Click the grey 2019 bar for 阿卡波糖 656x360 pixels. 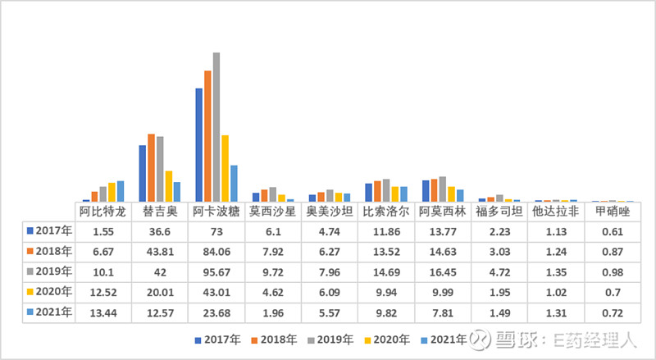[216, 127]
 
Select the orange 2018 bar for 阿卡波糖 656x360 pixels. [208, 136]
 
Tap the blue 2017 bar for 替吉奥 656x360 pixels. [143, 173]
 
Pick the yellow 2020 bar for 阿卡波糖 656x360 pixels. [225, 168]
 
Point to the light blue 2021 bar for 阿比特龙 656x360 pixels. [121, 191]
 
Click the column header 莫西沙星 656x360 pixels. [272, 212]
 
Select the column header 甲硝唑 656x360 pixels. [612, 212]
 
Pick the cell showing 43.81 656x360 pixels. [159, 252]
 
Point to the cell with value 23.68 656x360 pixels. [216, 312]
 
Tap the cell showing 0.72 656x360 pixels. [612, 312]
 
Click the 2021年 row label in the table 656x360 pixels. [50, 312]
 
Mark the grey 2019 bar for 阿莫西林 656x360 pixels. [442, 189]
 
